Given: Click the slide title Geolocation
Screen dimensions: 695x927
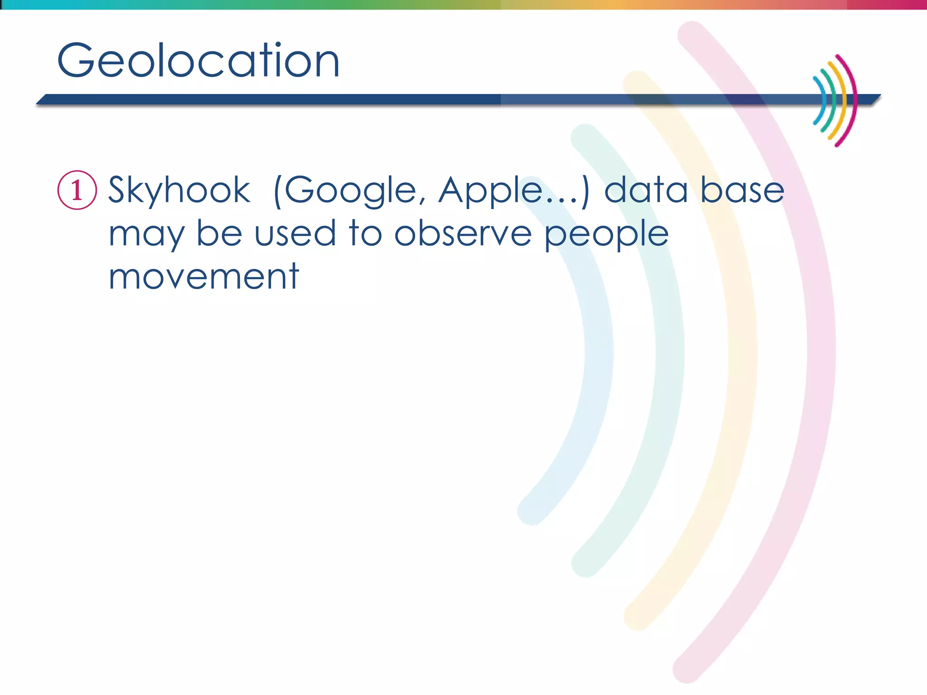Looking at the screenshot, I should point(198,61).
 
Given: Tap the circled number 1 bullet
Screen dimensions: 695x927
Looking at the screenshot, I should point(77,190).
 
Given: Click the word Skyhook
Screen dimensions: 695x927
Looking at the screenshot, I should point(179,190).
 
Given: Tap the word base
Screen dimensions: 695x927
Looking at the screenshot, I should point(742,190).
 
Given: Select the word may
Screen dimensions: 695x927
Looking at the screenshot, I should point(146,234).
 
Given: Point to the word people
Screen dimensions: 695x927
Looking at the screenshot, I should point(607,234).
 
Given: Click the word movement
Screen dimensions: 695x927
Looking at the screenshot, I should point(204,276).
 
